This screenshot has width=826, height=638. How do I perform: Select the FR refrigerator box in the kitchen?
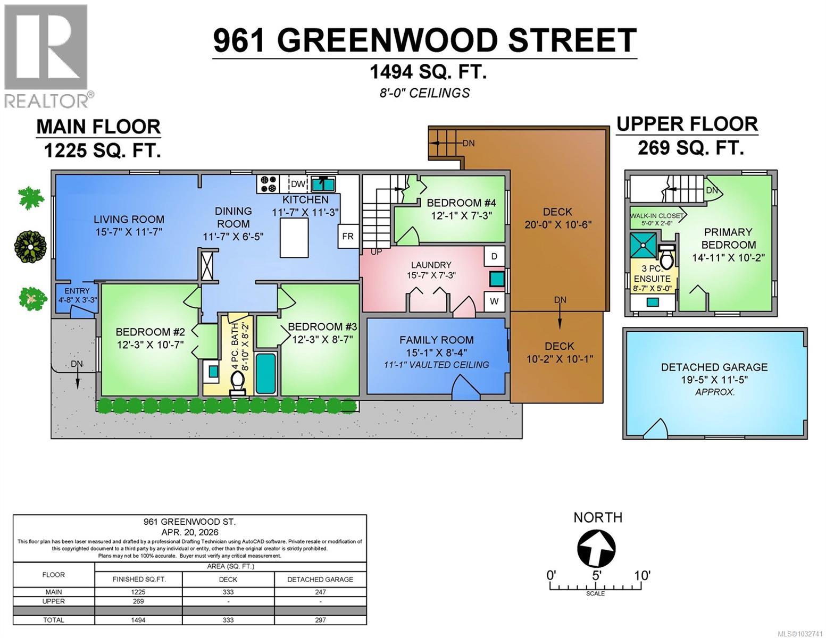click(347, 236)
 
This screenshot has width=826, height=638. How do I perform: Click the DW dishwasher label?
click(298, 184)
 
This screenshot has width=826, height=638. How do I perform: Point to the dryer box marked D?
click(494, 256)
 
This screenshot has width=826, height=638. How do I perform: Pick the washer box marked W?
click(494, 301)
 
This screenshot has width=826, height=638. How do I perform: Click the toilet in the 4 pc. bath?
click(238, 382)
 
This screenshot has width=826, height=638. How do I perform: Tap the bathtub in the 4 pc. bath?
click(266, 373)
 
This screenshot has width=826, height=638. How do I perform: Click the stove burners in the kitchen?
click(268, 184)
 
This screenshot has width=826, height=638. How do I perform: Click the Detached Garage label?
click(714, 367)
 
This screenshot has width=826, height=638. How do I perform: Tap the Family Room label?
click(436, 340)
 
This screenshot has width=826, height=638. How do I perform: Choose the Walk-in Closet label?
click(656, 216)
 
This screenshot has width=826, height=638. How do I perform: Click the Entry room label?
click(77, 291)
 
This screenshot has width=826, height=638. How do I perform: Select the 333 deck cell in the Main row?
click(228, 592)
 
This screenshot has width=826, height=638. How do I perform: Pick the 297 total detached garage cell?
click(320, 619)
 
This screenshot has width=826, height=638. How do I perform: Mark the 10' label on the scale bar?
click(641, 575)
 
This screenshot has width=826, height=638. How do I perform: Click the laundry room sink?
click(498, 279)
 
